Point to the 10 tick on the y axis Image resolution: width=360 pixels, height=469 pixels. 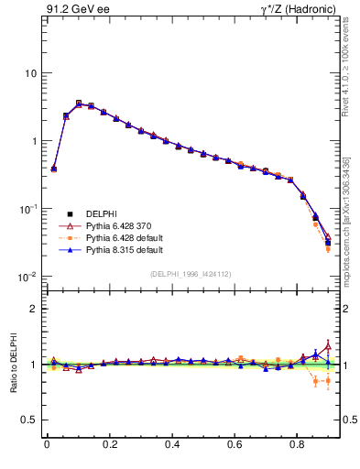point(30,73)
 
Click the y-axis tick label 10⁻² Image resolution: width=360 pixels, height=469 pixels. point(28,277)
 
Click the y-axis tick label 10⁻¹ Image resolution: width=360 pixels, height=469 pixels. point(28,209)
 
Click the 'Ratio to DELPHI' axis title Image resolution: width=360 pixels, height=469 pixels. point(12,364)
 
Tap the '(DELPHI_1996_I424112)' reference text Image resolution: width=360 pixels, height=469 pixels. point(190,274)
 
